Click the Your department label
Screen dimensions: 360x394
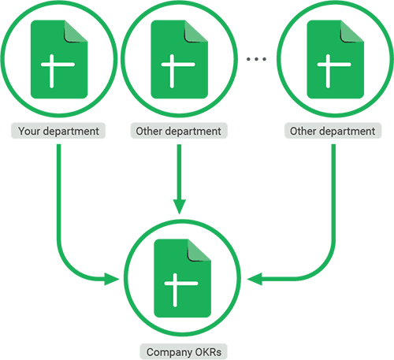click(x=59, y=131)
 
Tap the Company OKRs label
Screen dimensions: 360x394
click(x=180, y=351)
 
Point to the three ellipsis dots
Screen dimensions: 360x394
click(x=258, y=58)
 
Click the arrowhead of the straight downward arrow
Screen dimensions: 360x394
click(x=180, y=206)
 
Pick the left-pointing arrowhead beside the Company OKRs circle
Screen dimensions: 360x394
click(x=255, y=277)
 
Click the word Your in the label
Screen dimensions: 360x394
click(x=29, y=131)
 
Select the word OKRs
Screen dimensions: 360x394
click(x=202, y=351)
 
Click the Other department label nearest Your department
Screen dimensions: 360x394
click(x=179, y=131)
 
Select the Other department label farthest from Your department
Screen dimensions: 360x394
click(x=333, y=131)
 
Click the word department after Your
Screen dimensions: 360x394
click(x=71, y=131)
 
